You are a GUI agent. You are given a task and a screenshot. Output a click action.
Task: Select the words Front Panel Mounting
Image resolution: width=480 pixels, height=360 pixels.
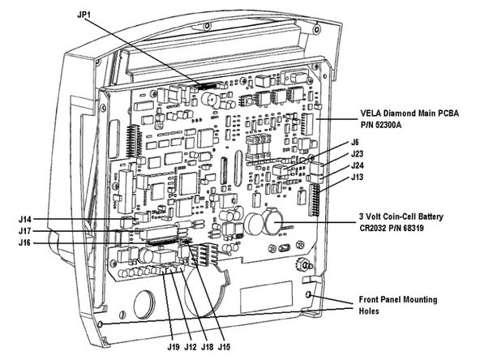click(x=397, y=299)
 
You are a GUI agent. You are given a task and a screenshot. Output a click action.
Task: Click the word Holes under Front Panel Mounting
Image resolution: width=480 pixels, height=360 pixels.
click(x=370, y=311)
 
